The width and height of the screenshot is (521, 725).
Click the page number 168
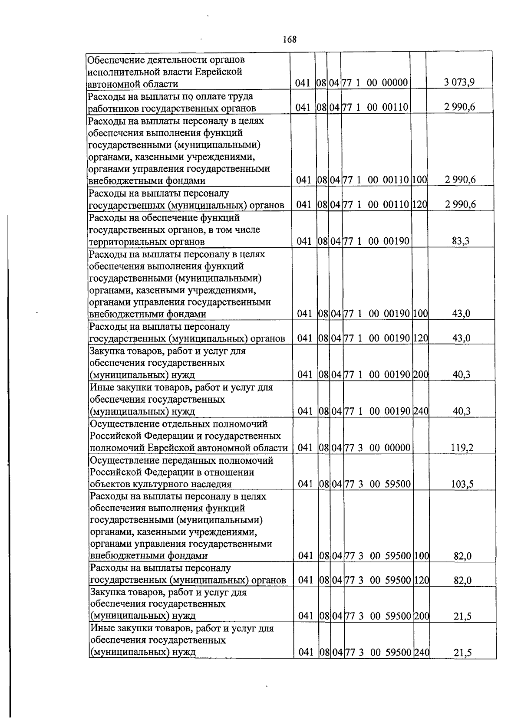point(289,39)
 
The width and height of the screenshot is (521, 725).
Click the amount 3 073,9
point(459,82)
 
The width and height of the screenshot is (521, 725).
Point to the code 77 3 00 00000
point(377,448)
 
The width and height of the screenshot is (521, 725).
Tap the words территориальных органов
point(147,242)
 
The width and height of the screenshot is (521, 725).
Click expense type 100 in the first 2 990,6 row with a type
point(419,180)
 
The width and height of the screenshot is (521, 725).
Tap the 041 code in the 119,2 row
point(306,448)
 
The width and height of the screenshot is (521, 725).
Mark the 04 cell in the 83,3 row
point(336,241)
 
